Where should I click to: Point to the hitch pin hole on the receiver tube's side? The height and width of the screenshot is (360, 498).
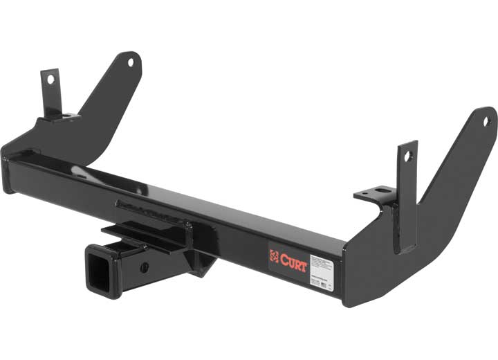144,266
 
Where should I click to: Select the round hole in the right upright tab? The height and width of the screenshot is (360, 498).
408,156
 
